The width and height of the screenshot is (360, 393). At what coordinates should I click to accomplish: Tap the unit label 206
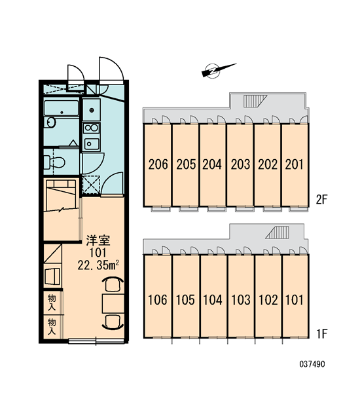click(x=158, y=164)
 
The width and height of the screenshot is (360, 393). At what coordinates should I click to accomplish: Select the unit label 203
click(x=240, y=164)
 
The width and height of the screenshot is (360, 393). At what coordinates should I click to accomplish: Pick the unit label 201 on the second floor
click(x=295, y=164)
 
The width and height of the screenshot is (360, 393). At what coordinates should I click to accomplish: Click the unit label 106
click(x=157, y=300)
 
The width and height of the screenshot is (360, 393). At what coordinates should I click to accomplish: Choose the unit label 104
click(x=213, y=300)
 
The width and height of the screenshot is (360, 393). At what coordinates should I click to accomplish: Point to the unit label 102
click(x=268, y=300)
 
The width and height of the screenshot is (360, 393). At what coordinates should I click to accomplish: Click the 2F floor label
click(x=321, y=200)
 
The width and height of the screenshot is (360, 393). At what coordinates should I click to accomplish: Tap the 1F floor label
click(x=322, y=334)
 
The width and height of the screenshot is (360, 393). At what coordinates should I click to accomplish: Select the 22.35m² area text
click(x=98, y=265)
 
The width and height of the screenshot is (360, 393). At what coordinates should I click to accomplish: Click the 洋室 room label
click(x=98, y=240)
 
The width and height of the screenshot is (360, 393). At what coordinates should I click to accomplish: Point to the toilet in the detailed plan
click(x=54, y=162)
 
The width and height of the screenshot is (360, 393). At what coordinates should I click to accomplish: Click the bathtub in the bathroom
click(x=62, y=108)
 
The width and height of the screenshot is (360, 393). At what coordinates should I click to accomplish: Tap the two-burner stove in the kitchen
click(x=92, y=128)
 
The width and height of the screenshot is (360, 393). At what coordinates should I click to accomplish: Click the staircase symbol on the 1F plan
click(x=278, y=233)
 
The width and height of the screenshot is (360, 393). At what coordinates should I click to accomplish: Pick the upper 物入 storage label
click(x=52, y=303)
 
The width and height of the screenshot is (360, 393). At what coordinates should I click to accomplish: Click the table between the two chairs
click(x=113, y=304)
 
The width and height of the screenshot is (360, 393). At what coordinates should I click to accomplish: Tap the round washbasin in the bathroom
click(x=50, y=122)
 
